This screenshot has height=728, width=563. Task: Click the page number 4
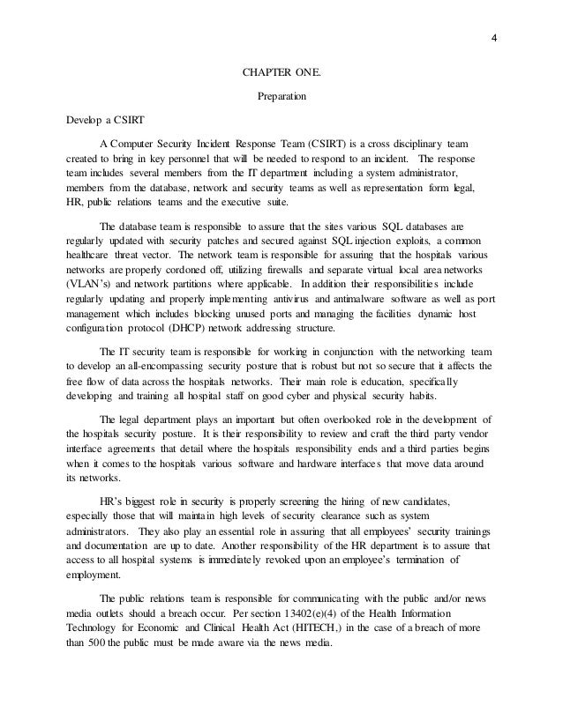(495, 37)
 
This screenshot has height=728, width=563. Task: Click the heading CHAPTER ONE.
(281, 73)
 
